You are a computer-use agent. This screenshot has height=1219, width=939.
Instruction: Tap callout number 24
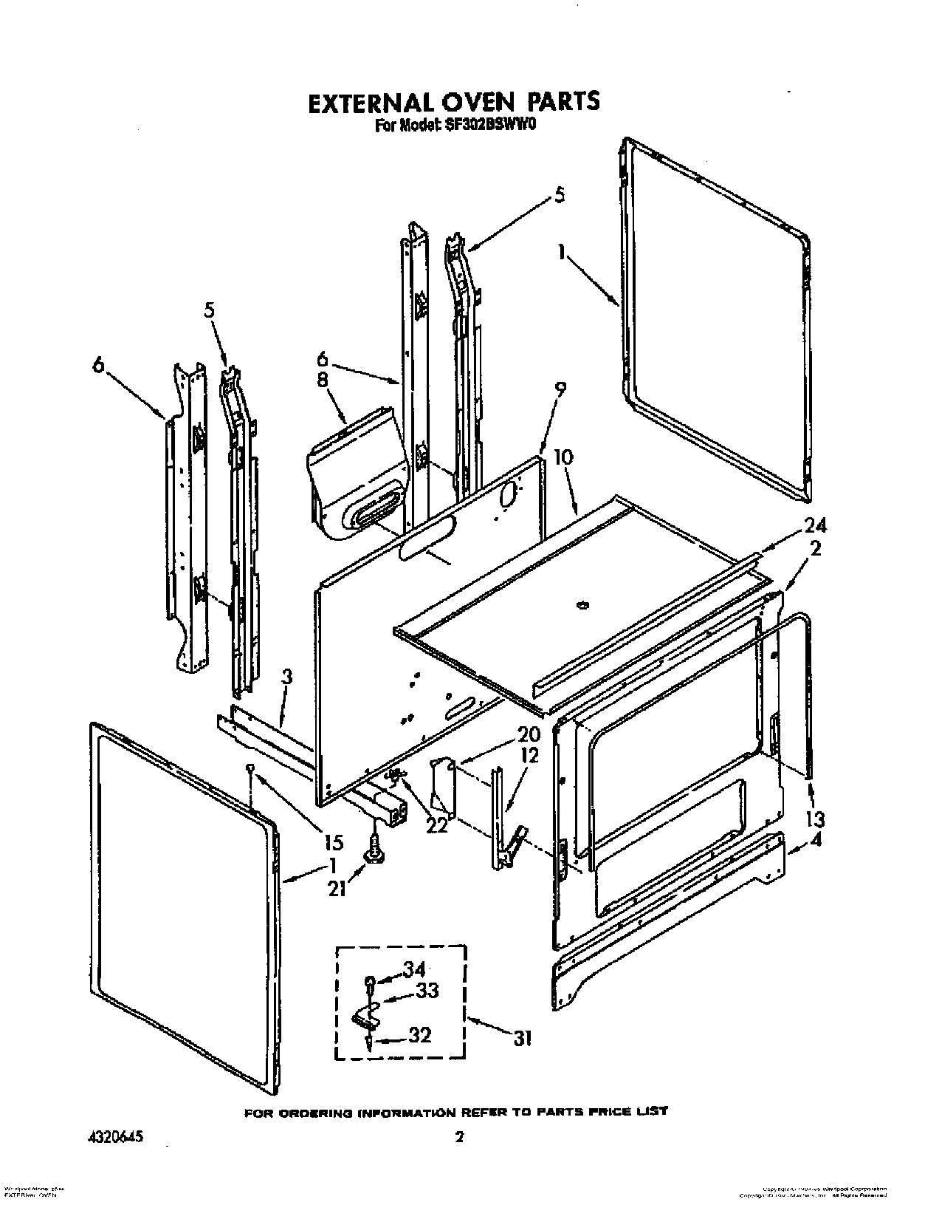(x=815, y=525)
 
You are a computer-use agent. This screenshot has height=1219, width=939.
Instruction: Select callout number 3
(x=287, y=677)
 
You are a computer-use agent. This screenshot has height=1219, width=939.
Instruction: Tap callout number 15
(x=334, y=841)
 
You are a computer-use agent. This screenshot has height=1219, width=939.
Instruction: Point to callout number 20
(x=529, y=735)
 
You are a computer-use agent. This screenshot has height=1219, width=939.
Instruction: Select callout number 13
(x=815, y=819)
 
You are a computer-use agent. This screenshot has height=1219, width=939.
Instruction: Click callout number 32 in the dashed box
(x=419, y=1035)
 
